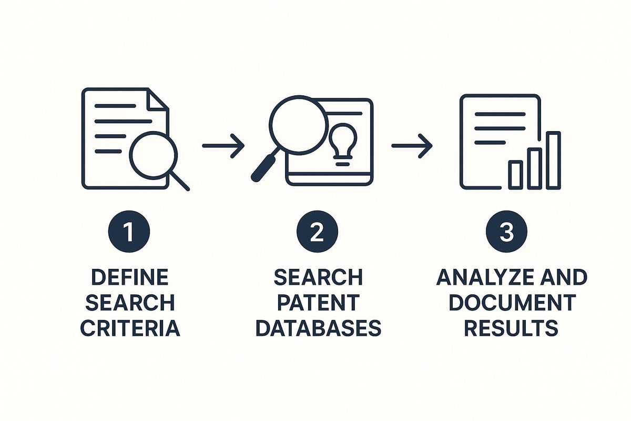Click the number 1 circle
pyautogui.click(x=129, y=231)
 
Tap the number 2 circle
pyautogui.click(x=317, y=231)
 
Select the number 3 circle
pyautogui.click(x=506, y=231)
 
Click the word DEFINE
pyautogui.click(x=130, y=277)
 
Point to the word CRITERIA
pyautogui.click(x=130, y=328)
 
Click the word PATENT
pyautogui.click(x=318, y=303)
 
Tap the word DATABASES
pyautogui.click(x=318, y=328)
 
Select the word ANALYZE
pyautogui.click(x=485, y=277)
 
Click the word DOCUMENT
pyautogui.click(x=512, y=303)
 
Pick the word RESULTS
pyautogui.click(x=511, y=328)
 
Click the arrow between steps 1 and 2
pyautogui.click(x=223, y=146)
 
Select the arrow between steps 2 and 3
pyautogui.click(x=412, y=146)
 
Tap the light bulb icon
pyautogui.click(x=342, y=144)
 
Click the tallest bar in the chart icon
pyautogui.click(x=554, y=161)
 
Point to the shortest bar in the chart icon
pyautogui.click(x=515, y=175)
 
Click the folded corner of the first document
pyautogui.click(x=158, y=98)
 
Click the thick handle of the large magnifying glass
pyautogui.click(x=264, y=168)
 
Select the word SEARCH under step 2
pyautogui.click(x=318, y=277)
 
